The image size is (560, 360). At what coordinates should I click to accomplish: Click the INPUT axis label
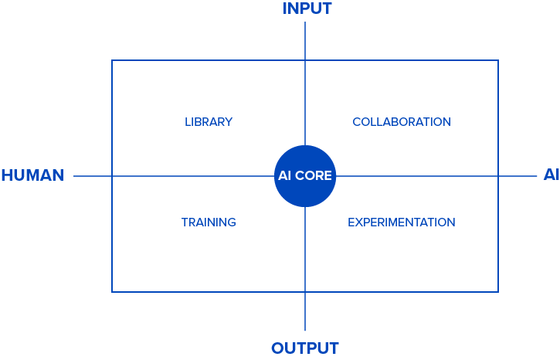point(307,8)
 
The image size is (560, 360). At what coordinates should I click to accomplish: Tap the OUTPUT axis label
point(305,348)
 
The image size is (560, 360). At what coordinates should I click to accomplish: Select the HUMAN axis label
point(33,175)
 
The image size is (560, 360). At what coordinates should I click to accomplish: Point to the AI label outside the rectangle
point(551,175)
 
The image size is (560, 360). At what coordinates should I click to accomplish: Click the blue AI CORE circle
point(305,176)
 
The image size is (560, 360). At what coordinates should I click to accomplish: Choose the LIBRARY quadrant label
point(209,122)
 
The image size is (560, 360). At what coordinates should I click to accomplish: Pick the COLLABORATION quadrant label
point(402,122)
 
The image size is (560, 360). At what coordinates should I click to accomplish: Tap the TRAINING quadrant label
point(209,222)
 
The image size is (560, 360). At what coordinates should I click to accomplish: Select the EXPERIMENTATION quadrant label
point(402,222)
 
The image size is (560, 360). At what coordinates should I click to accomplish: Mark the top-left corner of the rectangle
point(112,60)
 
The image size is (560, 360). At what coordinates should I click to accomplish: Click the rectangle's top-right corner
point(498,60)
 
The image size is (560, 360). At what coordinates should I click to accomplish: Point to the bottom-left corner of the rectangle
point(112,292)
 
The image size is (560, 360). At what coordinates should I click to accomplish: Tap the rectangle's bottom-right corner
point(498,292)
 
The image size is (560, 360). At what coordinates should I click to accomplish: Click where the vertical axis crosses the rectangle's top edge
point(305,60)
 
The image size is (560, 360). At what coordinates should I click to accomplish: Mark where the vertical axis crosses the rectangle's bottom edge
point(305,292)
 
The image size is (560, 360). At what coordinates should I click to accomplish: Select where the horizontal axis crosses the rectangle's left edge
point(112,176)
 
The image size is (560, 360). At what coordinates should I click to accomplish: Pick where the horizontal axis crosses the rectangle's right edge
point(498,176)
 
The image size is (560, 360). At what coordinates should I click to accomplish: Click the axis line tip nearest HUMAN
point(73,176)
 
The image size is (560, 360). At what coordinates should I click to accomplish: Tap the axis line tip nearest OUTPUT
point(305,331)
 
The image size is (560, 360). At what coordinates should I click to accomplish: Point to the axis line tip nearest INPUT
point(305,22)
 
